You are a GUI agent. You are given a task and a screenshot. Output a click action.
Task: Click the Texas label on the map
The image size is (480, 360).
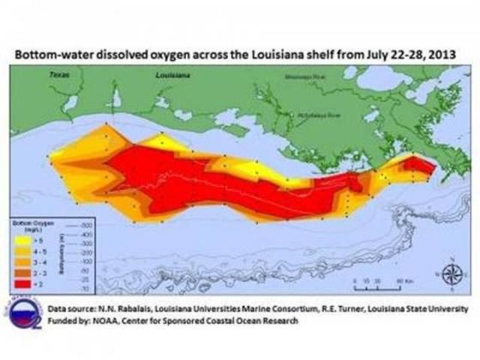(59, 75)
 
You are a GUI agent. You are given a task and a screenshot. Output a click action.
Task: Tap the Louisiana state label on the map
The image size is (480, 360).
(171, 76)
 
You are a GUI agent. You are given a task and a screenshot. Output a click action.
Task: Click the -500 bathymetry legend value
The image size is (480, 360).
(87, 226)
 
